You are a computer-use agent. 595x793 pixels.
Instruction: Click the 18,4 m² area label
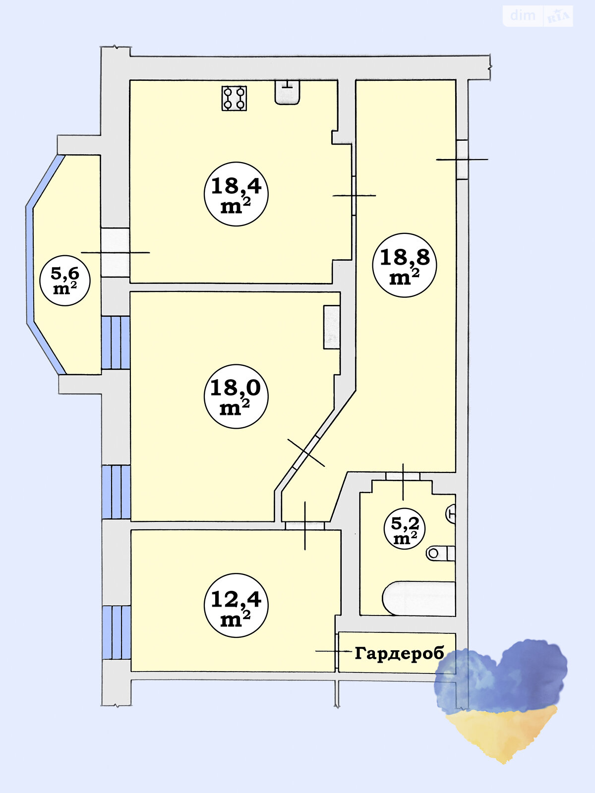(236, 194)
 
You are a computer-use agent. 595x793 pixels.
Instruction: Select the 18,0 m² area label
(236, 396)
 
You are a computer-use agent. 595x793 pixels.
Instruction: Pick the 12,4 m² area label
(236, 605)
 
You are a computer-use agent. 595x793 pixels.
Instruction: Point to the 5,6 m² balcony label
(64, 281)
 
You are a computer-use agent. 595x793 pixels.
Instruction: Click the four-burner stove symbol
(234, 98)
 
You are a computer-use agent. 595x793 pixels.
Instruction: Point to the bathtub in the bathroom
(418, 598)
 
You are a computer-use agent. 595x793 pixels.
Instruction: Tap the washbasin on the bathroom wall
(451, 513)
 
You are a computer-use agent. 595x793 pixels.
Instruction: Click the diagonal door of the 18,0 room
(306, 453)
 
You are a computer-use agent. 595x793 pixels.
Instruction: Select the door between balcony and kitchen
(115, 253)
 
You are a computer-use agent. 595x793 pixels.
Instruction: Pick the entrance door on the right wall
(462, 159)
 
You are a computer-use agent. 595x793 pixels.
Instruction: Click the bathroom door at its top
(403, 482)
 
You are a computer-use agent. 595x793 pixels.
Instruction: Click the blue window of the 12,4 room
(117, 632)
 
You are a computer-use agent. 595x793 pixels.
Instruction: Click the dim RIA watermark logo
(537, 16)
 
